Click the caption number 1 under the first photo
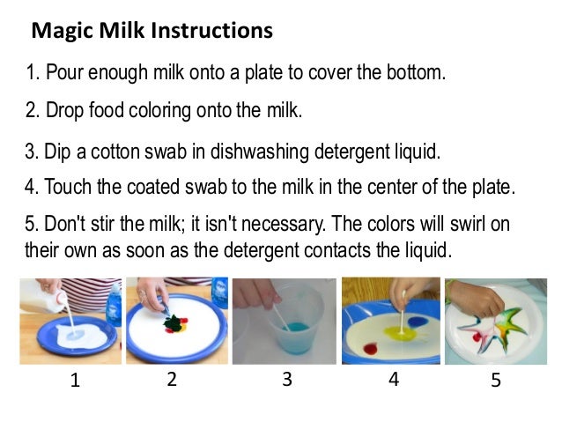click(74, 381)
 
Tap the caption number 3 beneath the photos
click(286, 381)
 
